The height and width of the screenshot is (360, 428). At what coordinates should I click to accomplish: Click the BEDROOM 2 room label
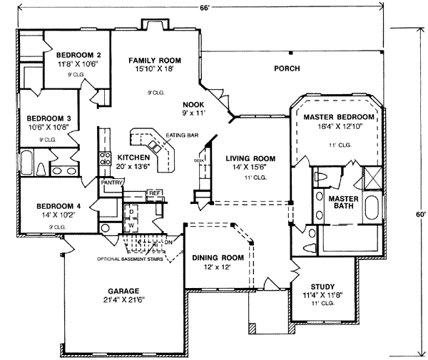(x=78, y=55)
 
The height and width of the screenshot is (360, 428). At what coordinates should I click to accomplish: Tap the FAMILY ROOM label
(x=154, y=61)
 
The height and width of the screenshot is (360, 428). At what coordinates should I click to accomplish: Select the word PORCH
(x=286, y=68)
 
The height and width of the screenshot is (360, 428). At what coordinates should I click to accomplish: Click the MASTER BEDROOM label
(x=339, y=117)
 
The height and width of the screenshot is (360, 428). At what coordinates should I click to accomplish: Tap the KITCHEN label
(x=133, y=157)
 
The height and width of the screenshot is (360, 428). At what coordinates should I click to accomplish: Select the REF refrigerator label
(x=153, y=192)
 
